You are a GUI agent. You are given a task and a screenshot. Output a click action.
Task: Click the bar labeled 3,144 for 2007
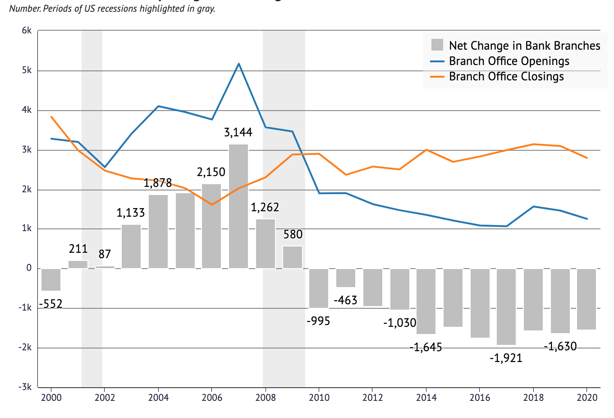pyautogui.click(x=238, y=206)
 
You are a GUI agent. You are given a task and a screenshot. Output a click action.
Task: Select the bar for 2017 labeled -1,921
pyautogui.click(x=506, y=307)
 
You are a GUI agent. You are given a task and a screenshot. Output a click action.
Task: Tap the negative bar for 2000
pyautogui.click(x=51, y=279)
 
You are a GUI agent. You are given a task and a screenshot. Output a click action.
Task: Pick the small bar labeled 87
pyautogui.click(x=105, y=267)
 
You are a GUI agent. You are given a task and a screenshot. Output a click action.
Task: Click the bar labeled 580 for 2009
pyautogui.click(x=293, y=257)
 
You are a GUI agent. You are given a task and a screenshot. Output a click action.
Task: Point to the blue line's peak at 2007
pyautogui.click(x=238, y=64)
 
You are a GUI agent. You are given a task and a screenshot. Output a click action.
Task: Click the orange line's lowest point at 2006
pyautogui.click(x=212, y=204)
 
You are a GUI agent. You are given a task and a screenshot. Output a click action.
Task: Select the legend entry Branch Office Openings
pyautogui.click(x=509, y=61)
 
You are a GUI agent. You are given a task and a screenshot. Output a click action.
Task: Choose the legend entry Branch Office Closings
pyautogui.click(x=506, y=77)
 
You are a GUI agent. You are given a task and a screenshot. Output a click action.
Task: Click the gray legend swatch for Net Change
pyautogui.click(x=437, y=45)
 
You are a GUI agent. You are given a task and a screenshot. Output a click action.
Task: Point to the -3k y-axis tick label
pyautogui.click(x=25, y=387)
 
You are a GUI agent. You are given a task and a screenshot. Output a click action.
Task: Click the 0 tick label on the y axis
pyautogui.click(x=29, y=268)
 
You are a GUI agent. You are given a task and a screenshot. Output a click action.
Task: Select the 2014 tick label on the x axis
pyautogui.click(x=426, y=398)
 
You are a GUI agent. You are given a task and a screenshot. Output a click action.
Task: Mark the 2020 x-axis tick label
pyautogui.click(x=587, y=398)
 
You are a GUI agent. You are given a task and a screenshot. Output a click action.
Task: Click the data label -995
pyautogui.click(x=318, y=321)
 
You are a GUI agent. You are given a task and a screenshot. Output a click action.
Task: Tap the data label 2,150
pyautogui.click(x=211, y=172)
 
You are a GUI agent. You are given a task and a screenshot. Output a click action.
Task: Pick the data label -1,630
pyautogui.click(x=560, y=347)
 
